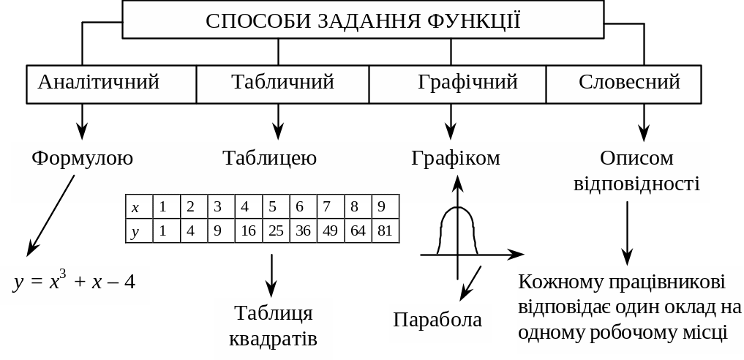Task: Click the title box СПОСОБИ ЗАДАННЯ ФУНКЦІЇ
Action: tap(363, 20)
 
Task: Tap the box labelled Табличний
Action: tap(282, 83)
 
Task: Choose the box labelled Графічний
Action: tap(457, 83)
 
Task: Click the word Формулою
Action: tap(82, 158)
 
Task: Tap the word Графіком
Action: tap(456, 158)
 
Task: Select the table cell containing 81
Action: tap(386, 231)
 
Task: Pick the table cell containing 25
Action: tap(276, 231)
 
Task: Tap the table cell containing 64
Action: tap(358, 231)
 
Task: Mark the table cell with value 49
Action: tap(331, 231)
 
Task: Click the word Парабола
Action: tap(437, 320)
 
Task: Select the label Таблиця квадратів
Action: tap(273, 327)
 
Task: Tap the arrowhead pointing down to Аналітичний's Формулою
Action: tap(82, 132)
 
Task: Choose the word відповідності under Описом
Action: tap(636, 183)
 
